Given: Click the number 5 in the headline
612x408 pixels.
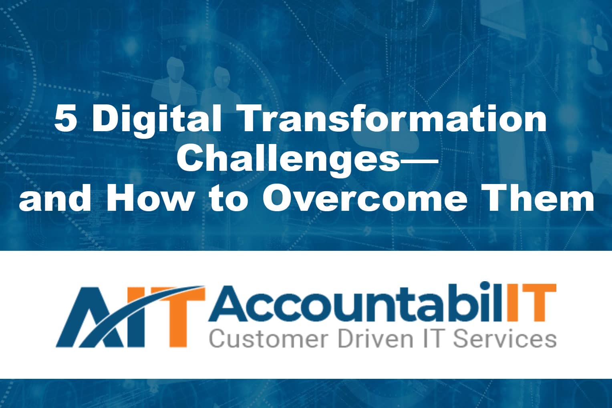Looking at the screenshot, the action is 65,120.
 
